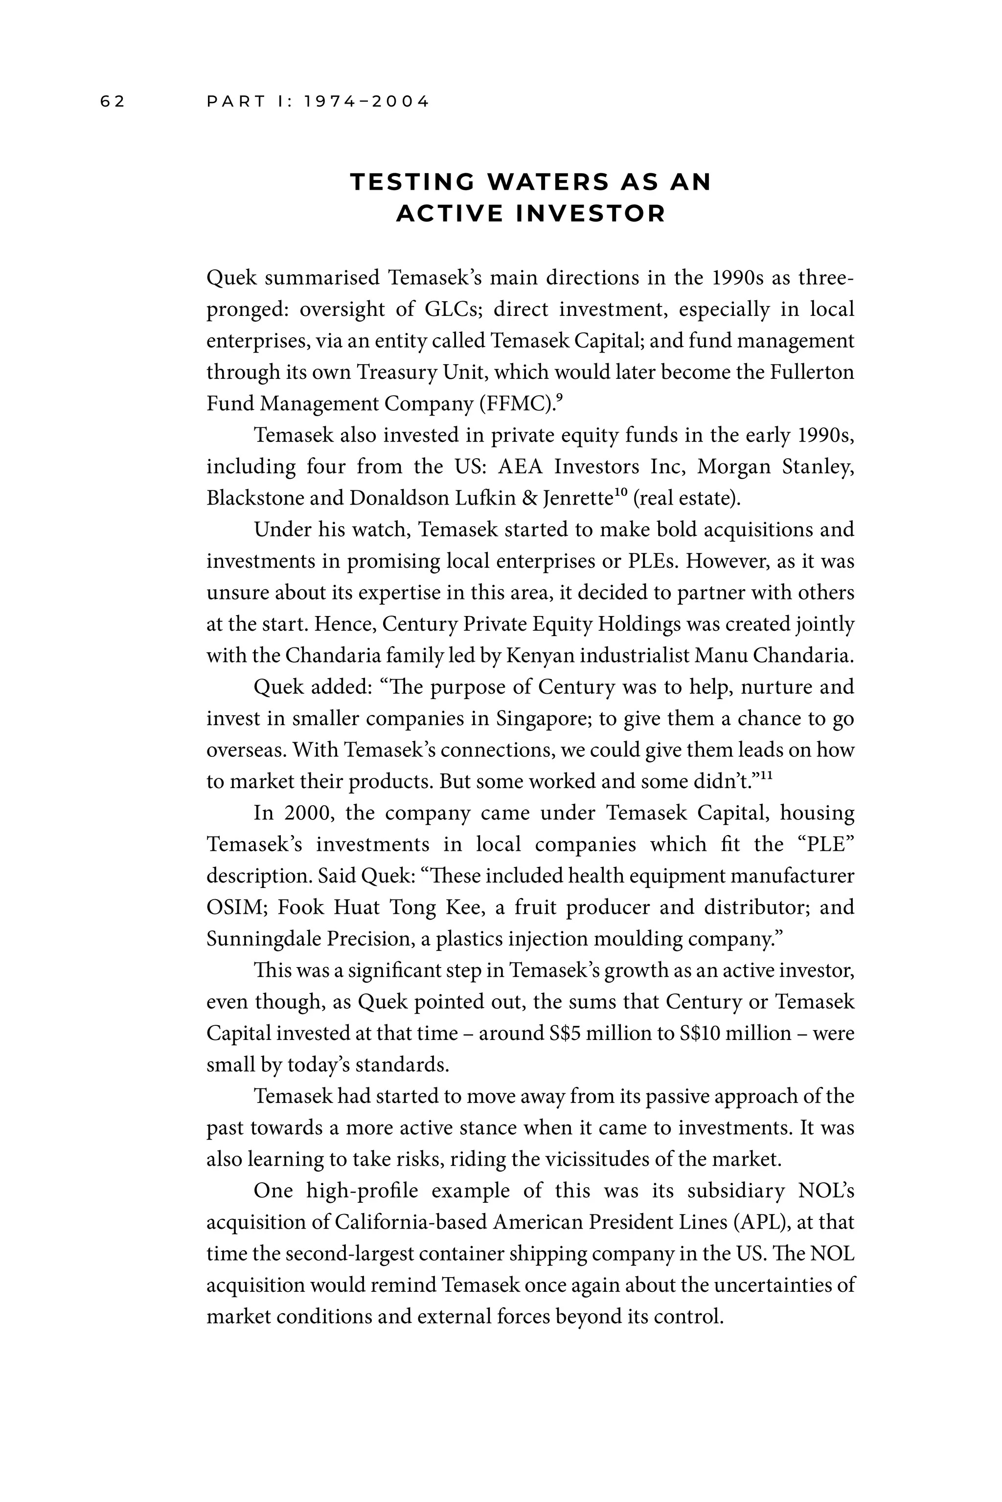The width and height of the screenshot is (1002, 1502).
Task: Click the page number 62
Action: click(113, 102)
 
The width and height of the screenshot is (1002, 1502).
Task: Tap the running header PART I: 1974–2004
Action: click(318, 102)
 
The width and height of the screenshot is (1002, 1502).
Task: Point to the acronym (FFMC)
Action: click(516, 404)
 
